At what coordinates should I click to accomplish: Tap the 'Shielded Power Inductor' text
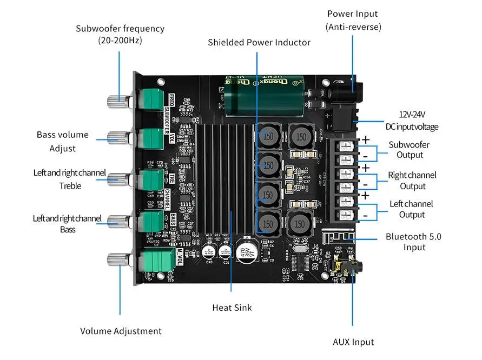[x=259, y=42]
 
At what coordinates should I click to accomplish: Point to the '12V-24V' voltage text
[x=412, y=114]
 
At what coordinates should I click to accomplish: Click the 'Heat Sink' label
[x=232, y=308]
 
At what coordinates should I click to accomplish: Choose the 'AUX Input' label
[x=353, y=342]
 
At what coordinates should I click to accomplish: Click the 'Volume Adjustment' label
[x=121, y=331]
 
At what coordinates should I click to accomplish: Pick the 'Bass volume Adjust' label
[x=62, y=141]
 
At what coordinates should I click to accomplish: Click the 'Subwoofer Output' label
[x=409, y=150]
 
